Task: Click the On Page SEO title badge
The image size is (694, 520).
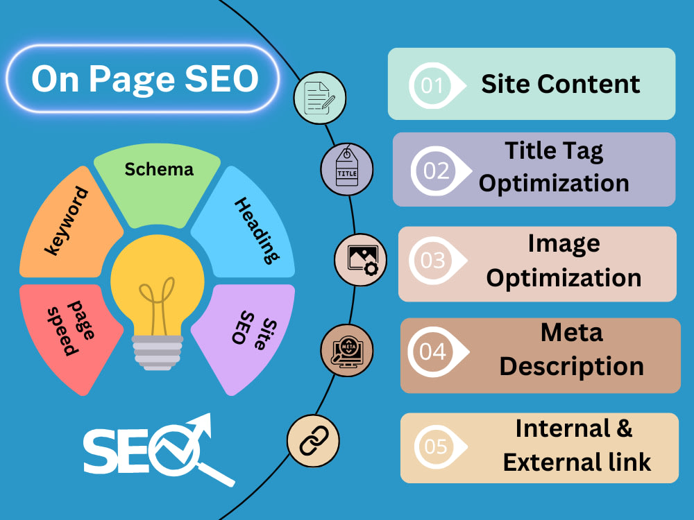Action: [142, 79]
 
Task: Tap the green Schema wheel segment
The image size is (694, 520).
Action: [158, 184]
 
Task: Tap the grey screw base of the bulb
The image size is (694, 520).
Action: [158, 352]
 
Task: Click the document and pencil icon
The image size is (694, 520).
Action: [320, 98]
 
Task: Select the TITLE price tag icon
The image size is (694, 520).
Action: [347, 169]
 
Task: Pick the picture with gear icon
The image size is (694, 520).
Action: [361, 259]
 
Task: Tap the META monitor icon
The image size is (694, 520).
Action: [347, 350]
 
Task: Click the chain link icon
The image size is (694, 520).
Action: [314, 441]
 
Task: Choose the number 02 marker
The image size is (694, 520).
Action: [438, 171]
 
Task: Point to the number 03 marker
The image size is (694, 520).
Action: [434, 260]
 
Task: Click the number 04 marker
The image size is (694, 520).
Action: [435, 352]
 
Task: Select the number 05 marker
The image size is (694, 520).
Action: [438, 447]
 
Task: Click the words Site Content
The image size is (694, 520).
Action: [560, 84]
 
